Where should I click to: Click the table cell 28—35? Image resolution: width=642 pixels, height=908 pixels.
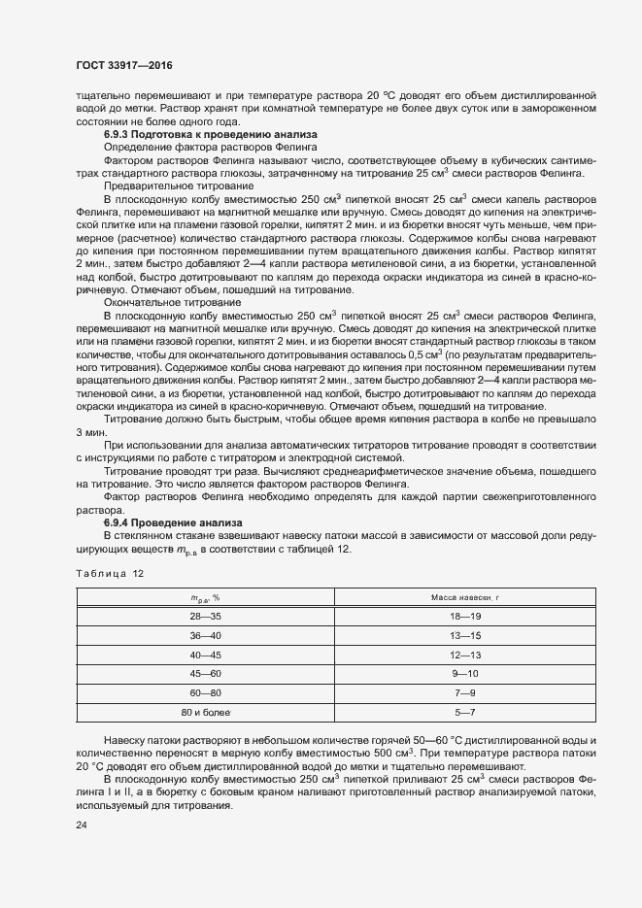click(x=205, y=617)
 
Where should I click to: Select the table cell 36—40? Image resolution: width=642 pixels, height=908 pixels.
click(x=205, y=635)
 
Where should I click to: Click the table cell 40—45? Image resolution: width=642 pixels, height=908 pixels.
click(x=205, y=655)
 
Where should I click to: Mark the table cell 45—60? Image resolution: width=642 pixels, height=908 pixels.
click(x=205, y=674)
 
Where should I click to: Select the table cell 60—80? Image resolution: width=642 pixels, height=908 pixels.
click(x=205, y=693)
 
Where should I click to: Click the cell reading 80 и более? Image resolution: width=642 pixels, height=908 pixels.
click(x=205, y=713)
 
